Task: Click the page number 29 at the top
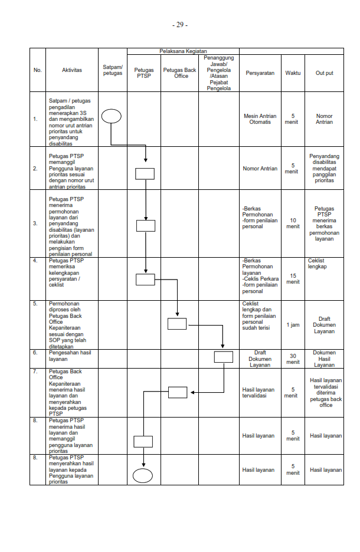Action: click(180, 25)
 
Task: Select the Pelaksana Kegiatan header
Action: click(182, 52)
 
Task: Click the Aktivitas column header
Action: click(72, 70)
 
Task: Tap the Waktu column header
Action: click(293, 73)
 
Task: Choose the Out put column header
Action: click(324, 73)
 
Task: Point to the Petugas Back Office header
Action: click(181, 73)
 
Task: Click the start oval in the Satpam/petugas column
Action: click(111, 116)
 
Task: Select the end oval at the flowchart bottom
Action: click(143, 475)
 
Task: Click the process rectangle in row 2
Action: click(145, 173)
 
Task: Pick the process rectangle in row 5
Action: click(177, 323)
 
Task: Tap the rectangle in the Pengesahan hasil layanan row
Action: click(223, 356)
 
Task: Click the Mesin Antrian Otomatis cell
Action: click(261, 119)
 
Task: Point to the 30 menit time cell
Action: click(293, 358)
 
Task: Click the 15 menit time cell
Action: click(293, 278)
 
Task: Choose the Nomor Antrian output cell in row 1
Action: click(324, 119)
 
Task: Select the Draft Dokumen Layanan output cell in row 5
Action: click(324, 325)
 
